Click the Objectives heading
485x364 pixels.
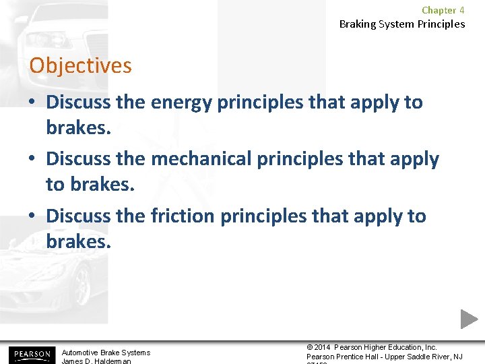(80, 66)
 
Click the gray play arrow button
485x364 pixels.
(469, 319)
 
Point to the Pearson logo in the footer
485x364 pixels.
(30, 354)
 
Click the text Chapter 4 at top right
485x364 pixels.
(443, 10)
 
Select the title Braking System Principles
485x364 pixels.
(401, 24)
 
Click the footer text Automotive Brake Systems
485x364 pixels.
(106, 353)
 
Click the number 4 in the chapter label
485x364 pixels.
(461, 10)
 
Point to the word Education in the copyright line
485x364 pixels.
(406, 347)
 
